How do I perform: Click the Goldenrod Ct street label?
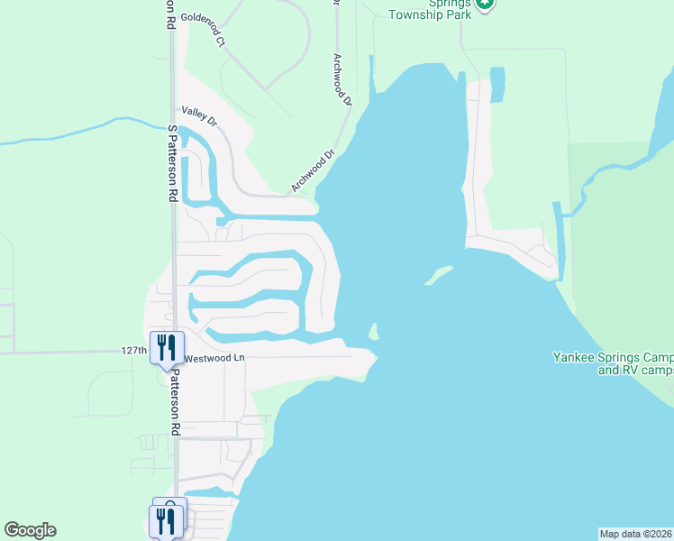204,17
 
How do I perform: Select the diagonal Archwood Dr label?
312,171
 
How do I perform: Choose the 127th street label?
133,350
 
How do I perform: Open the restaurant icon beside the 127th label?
167,347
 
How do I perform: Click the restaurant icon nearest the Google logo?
166,521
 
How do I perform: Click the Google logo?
30,530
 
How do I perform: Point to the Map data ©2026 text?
635,533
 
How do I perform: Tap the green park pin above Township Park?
485,5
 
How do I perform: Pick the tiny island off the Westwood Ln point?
373,332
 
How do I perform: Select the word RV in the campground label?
631,371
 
